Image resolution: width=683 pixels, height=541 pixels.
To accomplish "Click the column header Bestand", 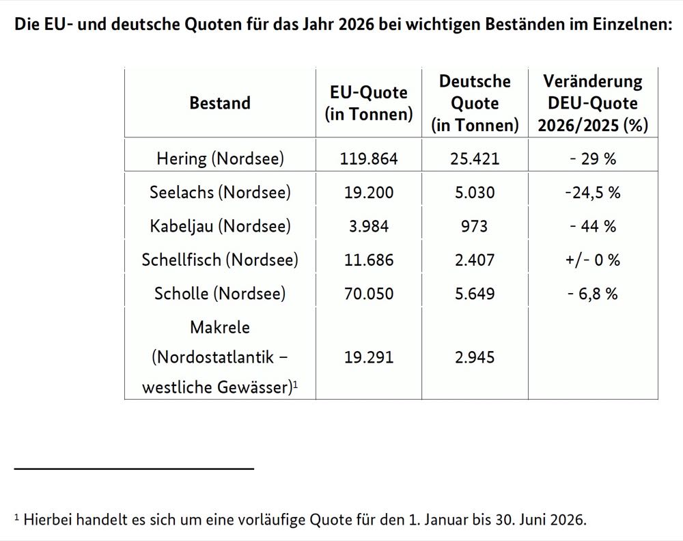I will pyautogui.click(x=220, y=103).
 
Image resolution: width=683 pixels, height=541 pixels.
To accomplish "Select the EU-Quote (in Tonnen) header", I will pyautogui.click(x=369, y=103).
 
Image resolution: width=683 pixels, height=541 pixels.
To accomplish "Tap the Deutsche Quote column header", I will pyautogui.click(x=475, y=103).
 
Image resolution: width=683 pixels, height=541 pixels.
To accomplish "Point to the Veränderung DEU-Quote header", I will pyautogui.click(x=592, y=103).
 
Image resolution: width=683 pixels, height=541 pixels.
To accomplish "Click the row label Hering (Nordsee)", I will pyautogui.click(x=220, y=159).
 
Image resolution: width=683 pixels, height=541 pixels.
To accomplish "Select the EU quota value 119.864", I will pyautogui.click(x=369, y=159).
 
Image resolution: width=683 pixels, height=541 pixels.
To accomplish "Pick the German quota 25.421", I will pyautogui.click(x=475, y=159).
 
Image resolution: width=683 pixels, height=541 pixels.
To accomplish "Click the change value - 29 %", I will pyautogui.click(x=592, y=159).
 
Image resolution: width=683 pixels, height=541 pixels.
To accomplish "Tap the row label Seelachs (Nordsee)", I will pyautogui.click(x=220, y=193).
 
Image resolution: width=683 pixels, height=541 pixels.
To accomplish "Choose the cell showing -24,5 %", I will pyautogui.click(x=592, y=193).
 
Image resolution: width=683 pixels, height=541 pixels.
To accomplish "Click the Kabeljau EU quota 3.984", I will pyautogui.click(x=369, y=226).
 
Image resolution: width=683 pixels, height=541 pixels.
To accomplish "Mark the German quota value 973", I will pyautogui.click(x=475, y=226).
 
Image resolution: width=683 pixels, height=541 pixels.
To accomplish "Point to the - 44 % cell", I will pyautogui.click(x=592, y=226).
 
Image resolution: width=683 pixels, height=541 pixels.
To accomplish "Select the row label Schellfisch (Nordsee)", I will pyautogui.click(x=220, y=260).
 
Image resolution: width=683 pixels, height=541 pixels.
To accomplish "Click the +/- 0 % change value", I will pyautogui.click(x=592, y=260).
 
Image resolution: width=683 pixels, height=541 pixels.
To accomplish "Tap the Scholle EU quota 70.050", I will pyautogui.click(x=369, y=294).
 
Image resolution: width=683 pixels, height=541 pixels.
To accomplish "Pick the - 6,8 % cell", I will pyautogui.click(x=592, y=294).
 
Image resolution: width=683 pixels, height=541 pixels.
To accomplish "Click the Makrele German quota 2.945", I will pyautogui.click(x=475, y=357).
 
